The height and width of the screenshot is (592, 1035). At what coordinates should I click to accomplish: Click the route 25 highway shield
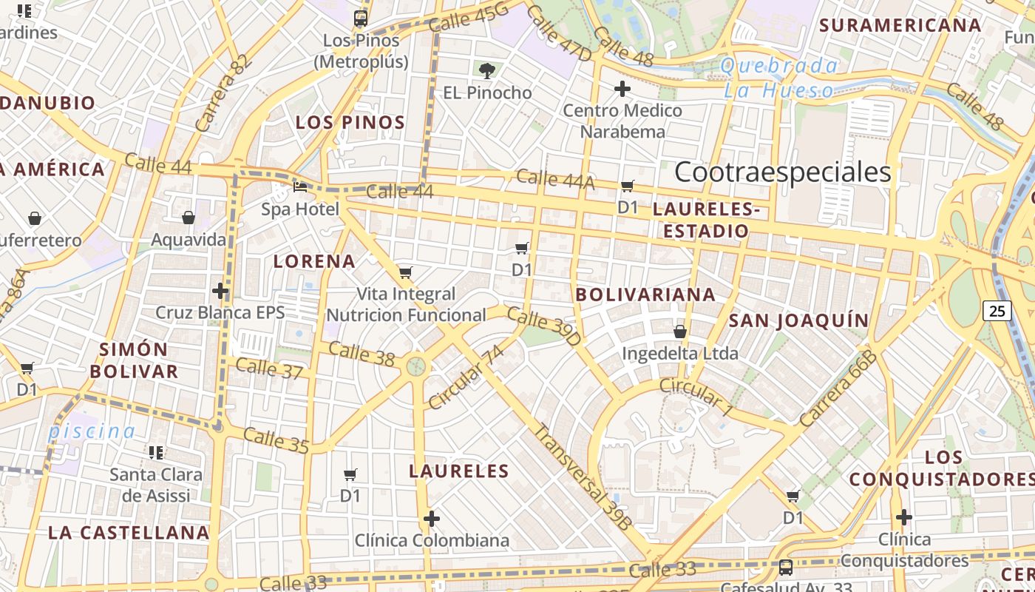(x=997, y=311)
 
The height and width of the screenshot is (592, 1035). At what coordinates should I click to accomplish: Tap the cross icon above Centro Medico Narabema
(x=622, y=90)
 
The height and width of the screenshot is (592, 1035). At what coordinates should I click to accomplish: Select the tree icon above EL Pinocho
(x=486, y=71)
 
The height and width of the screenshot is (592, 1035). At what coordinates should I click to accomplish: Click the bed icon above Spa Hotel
(x=300, y=187)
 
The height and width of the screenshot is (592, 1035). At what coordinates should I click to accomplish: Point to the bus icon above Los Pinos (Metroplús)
(x=361, y=18)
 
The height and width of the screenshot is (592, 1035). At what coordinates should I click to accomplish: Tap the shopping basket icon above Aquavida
(x=189, y=218)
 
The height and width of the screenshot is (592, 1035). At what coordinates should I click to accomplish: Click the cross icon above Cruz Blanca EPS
(x=220, y=290)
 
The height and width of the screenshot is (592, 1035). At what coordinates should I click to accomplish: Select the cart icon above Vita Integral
(x=405, y=272)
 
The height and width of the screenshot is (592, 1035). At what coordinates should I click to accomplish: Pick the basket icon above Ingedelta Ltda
(x=679, y=332)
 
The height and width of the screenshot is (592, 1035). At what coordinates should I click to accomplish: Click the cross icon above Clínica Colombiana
(x=432, y=519)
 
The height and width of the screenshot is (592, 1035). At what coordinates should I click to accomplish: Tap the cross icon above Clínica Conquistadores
(x=903, y=517)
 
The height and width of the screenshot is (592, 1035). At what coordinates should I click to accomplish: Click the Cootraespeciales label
(x=783, y=172)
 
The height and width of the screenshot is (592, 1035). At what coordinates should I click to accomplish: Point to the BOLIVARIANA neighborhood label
(x=645, y=295)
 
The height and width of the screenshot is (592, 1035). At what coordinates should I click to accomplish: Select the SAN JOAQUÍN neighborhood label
(x=798, y=320)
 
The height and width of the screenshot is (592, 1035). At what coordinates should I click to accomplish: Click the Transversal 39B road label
(x=583, y=477)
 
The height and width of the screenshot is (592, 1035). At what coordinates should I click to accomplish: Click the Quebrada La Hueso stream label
(x=779, y=78)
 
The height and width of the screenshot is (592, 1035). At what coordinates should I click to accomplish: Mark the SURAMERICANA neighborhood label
(x=900, y=25)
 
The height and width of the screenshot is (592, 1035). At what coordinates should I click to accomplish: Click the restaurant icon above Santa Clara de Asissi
(x=156, y=452)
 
